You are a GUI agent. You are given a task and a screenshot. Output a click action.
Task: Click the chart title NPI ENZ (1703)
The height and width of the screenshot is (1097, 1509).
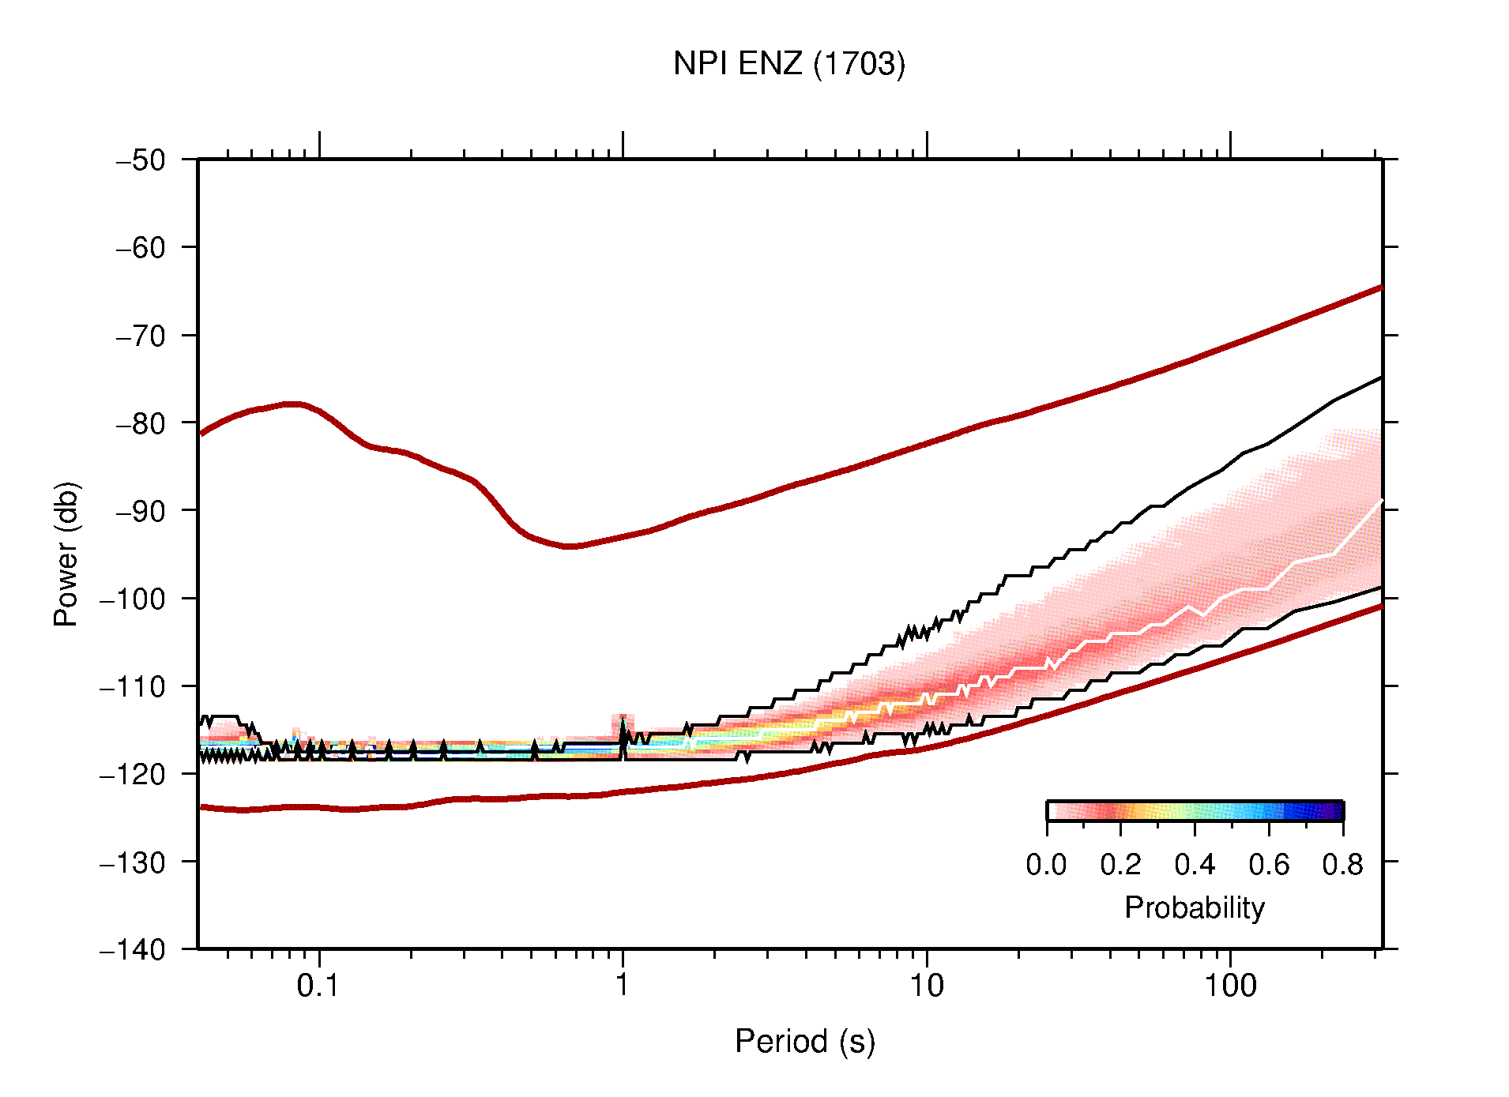(788, 64)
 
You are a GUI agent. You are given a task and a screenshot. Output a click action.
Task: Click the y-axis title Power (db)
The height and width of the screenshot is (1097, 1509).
(67, 554)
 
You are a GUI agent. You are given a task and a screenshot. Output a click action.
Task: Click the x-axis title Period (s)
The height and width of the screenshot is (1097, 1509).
(804, 1042)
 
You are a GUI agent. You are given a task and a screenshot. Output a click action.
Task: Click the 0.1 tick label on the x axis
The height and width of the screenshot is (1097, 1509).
(318, 986)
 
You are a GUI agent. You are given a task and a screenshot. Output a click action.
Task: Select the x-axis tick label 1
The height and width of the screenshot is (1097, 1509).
(623, 986)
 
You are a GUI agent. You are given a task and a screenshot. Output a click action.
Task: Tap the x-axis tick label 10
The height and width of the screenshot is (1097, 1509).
(926, 986)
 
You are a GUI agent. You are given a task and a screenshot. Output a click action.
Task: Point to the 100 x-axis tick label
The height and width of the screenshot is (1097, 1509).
(1230, 986)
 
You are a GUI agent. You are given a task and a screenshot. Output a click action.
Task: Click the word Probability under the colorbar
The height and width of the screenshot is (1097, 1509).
(1194, 908)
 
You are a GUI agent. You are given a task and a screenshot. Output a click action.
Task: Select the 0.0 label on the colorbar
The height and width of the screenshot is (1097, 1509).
(1046, 865)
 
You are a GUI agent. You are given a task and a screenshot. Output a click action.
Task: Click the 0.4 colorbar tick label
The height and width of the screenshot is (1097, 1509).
(1195, 865)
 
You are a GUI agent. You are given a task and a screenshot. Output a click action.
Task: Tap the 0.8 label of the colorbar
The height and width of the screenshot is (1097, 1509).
(1342, 865)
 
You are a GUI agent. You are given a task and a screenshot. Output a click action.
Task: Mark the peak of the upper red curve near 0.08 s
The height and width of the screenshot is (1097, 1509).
(294, 404)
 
